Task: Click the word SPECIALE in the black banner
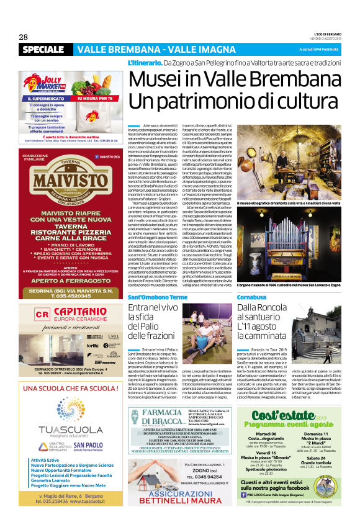click(43, 49)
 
